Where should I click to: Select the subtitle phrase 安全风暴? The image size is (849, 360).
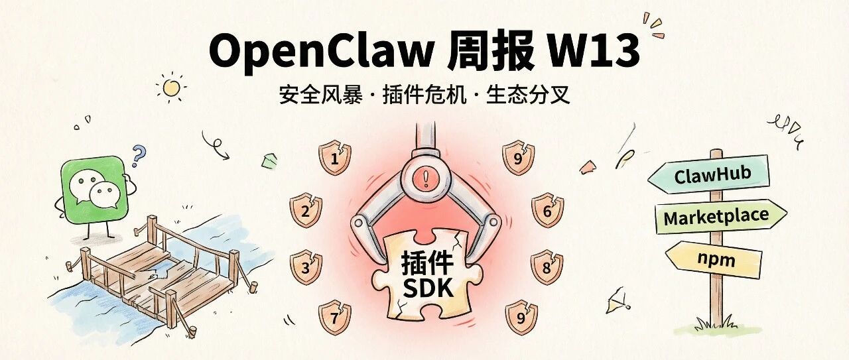click(x=320, y=95)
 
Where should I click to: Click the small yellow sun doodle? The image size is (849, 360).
click(x=171, y=87)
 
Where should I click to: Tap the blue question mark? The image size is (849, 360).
click(x=138, y=156)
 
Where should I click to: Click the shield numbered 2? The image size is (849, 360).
click(x=306, y=211)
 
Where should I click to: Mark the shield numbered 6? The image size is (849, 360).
click(x=547, y=211)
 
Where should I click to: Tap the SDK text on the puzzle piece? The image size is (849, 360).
click(x=427, y=288)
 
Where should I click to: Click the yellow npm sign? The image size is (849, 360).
click(x=715, y=259)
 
